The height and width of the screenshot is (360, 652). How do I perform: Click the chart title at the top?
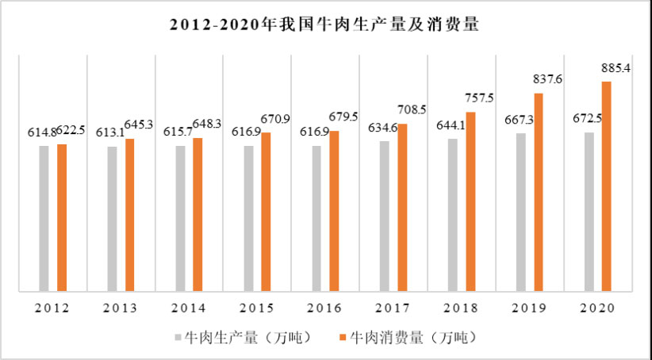click(325, 25)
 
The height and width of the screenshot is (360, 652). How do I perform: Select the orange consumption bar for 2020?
click(606, 186)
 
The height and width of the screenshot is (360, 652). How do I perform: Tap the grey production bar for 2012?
click(44, 218)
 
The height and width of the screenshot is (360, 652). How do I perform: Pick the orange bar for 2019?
click(539, 192)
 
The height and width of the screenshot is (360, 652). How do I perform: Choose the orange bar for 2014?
click(198, 214)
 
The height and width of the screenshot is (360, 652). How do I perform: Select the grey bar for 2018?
click(452, 214)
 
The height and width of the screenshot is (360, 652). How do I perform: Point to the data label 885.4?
click(616, 69)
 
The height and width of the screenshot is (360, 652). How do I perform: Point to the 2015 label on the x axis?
click(247, 308)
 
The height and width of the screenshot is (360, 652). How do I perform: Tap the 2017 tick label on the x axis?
click(384, 308)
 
